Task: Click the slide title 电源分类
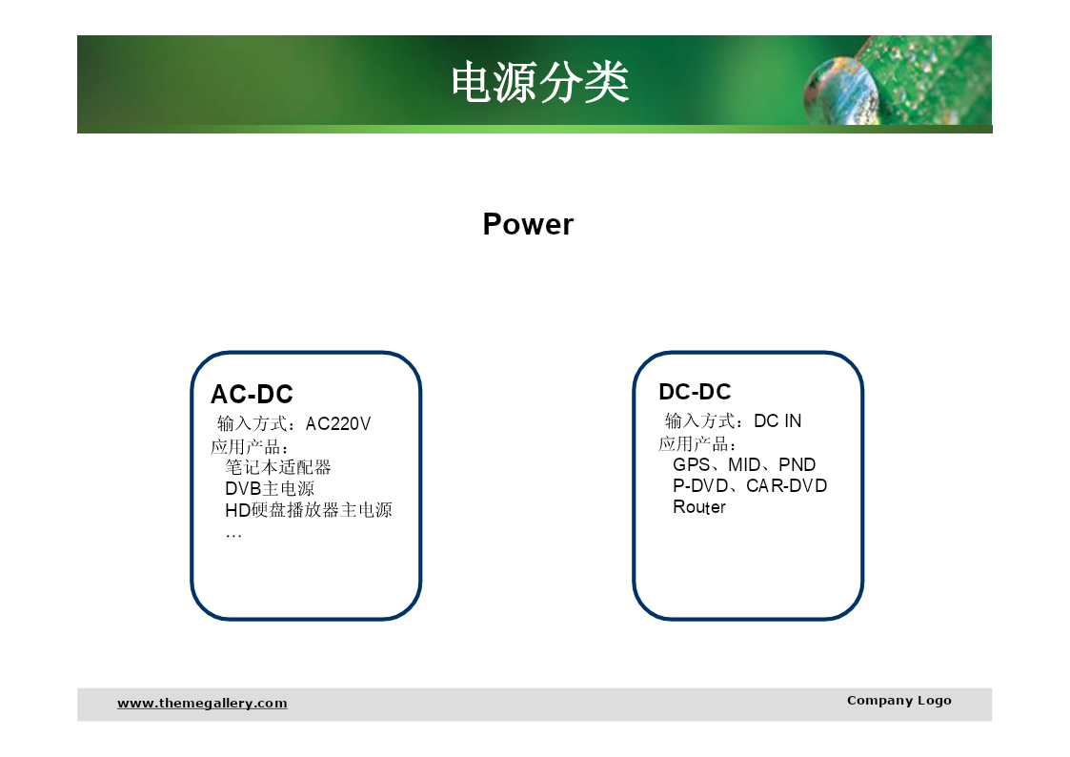540,83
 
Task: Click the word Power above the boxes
528,224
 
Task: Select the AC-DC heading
252,394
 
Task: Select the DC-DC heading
695,392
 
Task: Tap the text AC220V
338,424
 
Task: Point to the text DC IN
777,421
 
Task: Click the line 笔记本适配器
277,467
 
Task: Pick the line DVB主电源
270,489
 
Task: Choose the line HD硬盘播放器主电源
309,510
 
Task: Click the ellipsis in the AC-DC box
233,536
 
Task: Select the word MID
744,465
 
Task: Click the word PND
797,465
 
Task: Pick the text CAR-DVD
786,486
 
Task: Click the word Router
699,507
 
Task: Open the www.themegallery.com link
202,703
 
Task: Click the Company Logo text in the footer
898,701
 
